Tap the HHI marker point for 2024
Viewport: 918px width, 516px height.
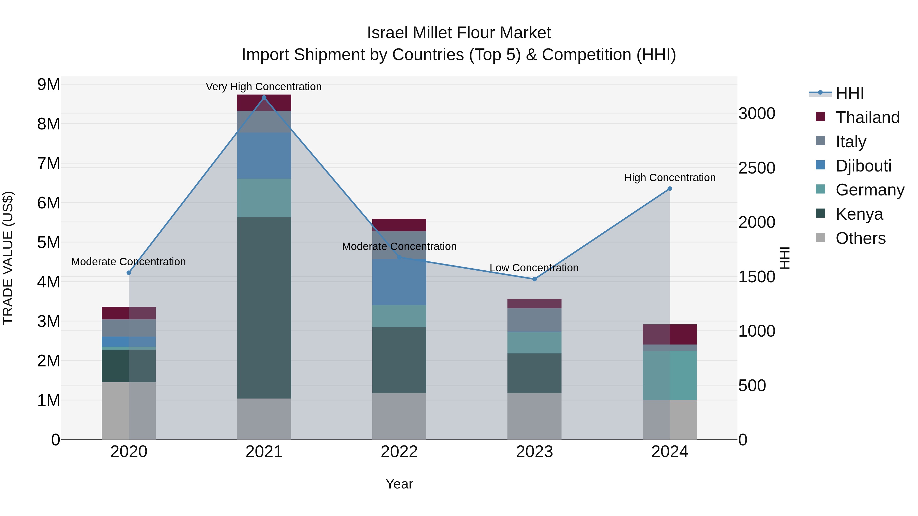pos(670,189)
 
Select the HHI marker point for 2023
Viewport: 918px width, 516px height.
pos(534,279)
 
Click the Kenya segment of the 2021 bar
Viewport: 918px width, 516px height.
pos(264,308)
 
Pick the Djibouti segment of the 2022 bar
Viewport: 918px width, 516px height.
pos(399,282)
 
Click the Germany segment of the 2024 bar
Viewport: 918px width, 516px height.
pos(670,375)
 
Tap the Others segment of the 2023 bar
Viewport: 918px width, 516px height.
pos(534,416)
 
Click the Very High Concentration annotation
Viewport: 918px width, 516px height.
pos(264,87)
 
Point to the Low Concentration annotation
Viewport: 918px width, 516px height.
pos(534,268)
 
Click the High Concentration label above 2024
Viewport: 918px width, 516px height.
pos(670,178)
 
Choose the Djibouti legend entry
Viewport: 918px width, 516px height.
pos(863,166)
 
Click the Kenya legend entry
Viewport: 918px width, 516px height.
pos(859,214)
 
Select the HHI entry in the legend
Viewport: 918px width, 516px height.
pos(849,93)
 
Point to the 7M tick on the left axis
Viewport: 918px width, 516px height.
pos(48,164)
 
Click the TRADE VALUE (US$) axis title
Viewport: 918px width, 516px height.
pos(8,258)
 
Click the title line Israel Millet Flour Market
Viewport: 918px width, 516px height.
pos(459,33)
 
